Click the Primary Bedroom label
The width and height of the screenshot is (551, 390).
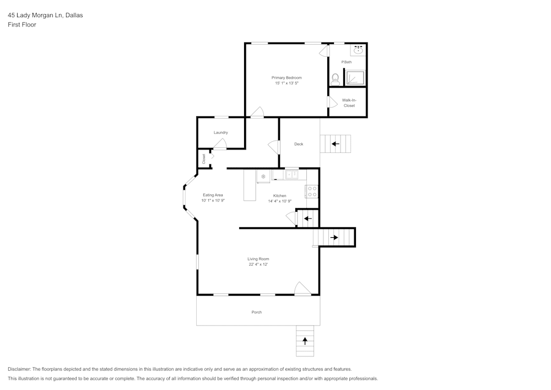coord(287,78)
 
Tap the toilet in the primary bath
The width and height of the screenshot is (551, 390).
coord(335,79)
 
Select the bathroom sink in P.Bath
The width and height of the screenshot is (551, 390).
coord(358,50)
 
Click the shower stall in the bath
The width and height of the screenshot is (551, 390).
coord(355,78)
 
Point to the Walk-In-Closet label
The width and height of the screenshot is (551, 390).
coord(349,103)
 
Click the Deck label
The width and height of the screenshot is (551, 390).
coord(299,144)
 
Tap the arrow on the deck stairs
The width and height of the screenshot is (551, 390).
coord(334,144)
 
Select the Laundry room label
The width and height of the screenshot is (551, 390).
coord(221,132)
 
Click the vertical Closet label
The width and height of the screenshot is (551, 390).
coord(204,159)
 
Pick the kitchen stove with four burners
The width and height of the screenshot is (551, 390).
coord(312,191)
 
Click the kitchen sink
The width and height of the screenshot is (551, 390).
coord(291,175)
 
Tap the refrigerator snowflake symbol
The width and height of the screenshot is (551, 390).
coord(263,177)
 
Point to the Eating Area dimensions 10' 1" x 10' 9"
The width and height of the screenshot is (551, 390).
coord(213,201)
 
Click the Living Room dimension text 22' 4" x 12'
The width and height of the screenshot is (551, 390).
coord(258,265)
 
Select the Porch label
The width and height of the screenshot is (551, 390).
coord(257,312)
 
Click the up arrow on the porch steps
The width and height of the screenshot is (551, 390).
coord(305,341)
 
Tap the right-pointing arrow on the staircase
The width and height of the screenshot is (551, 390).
coord(334,238)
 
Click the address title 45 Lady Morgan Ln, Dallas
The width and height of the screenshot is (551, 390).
coord(45,15)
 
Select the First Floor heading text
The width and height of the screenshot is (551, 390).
coord(22,25)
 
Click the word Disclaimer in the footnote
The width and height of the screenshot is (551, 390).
coord(19,369)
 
